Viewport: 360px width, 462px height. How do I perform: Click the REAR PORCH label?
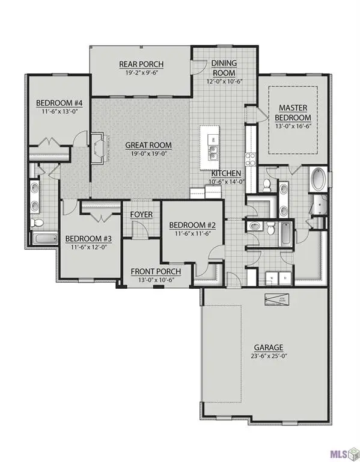tap(141, 65)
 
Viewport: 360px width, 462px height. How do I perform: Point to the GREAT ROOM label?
tap(148, 145)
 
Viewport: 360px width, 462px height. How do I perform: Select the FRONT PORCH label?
tap(156, 271)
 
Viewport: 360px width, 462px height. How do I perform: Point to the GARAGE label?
tap(267, 347)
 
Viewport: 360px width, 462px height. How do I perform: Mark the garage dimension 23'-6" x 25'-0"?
tap(267, 356)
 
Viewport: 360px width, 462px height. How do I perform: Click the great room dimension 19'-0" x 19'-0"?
tap(148, 153)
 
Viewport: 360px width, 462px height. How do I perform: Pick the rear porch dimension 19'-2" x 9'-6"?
tap(141, 73)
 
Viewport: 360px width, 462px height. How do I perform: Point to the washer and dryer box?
tap(278, 278)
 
